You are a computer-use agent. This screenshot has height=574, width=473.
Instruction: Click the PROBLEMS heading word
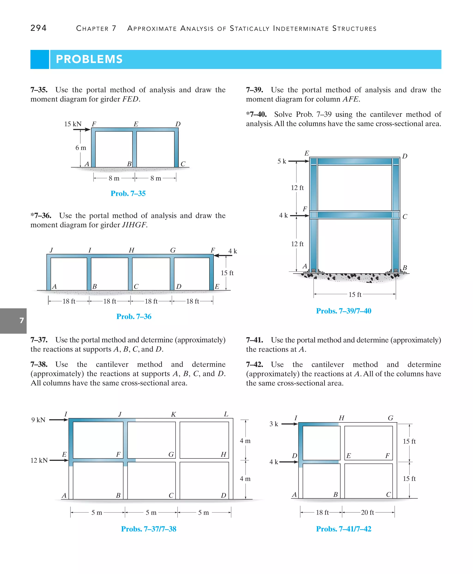coord(89,59)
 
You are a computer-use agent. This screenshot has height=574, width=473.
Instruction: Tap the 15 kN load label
coord(73,124)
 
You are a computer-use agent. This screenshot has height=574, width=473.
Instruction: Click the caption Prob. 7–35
coord(128,193)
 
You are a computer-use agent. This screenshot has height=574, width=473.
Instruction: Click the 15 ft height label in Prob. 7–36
coord(227,273)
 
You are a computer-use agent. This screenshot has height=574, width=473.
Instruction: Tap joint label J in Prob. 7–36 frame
coord(51,250)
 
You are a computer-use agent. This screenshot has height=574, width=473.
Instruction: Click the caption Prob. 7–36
coord(134,316)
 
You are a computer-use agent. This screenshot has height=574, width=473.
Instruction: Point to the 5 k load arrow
coord(299,161)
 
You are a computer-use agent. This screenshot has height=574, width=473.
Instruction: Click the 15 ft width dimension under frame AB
coord(355,294)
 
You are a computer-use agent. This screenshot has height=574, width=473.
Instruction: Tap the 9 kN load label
coord(38,420)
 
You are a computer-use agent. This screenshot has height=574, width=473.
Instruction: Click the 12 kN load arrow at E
coord(59,460)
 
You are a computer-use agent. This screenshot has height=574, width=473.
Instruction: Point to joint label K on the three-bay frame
coord(173,414)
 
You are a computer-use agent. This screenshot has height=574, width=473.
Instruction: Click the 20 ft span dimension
coord(367,512)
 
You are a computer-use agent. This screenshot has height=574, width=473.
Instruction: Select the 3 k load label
coord(273,424)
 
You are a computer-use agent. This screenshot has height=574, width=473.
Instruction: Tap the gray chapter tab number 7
coord(22,320)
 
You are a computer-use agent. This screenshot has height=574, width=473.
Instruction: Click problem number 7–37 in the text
coord(39,340)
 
